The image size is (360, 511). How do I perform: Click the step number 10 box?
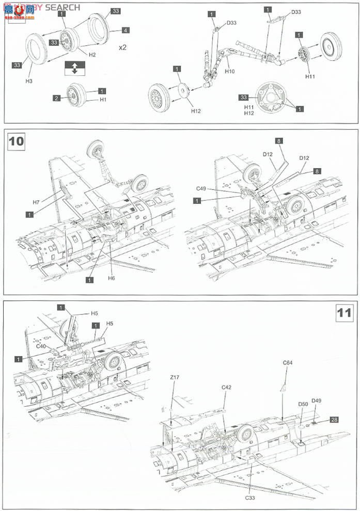click(17, 141)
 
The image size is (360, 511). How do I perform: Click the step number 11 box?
click(345, 313)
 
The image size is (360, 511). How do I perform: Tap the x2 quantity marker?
click(123, 47)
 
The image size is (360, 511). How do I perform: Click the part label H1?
click(103, 99)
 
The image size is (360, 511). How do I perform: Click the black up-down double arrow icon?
click(74, 68)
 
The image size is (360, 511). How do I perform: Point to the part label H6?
click(112, 278)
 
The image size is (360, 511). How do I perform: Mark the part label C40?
click(41, 346)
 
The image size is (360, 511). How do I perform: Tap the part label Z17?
click(175, 377)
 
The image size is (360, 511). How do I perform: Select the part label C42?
click(226, 387)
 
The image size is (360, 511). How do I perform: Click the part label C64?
click(288, 363)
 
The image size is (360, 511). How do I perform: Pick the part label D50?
click(303, 404)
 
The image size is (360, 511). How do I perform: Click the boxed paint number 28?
click(334, 420)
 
